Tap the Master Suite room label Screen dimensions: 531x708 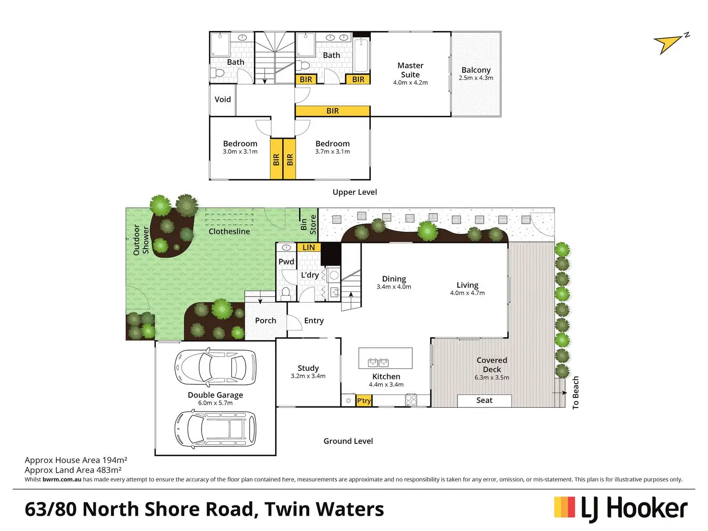(410, 70)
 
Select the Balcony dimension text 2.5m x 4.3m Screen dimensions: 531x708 (476, 78)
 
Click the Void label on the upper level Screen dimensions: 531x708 (223, 100)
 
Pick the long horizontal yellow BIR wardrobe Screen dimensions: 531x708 (332, 111)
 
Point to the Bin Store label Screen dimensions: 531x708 (308, 225)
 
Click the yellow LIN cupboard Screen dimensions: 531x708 (309, 248)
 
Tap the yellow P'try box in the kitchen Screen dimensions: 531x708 (364, 401)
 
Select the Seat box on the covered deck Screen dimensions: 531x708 (484, 400)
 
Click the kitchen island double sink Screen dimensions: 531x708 (378, 362)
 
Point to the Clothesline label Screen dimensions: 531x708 (229, 231)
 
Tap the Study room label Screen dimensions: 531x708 (308, 368)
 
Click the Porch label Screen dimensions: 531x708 (265, 320)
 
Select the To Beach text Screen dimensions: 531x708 (576, 393)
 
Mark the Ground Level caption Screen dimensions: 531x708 (348, 441)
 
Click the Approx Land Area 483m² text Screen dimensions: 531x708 (73, 470)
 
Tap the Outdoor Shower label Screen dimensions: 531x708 (141, 240)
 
